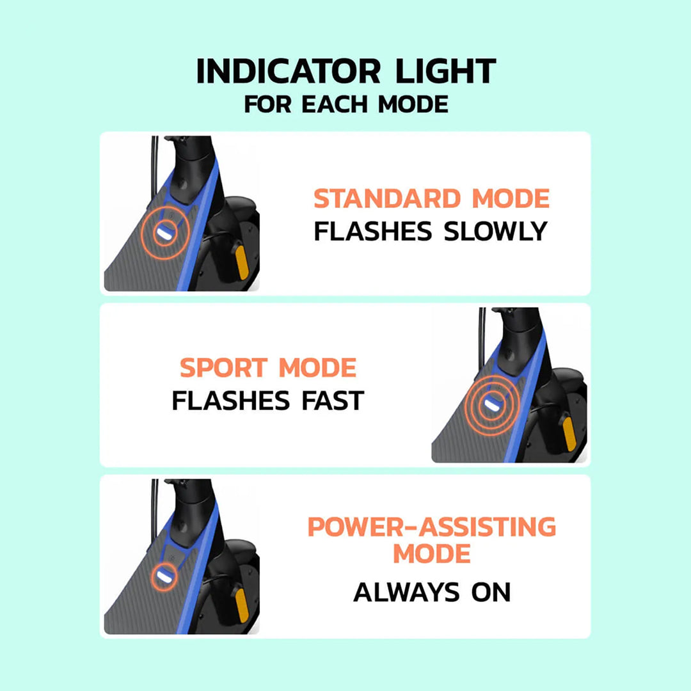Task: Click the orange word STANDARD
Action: coord(388,199)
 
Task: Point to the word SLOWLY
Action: coord(496,231)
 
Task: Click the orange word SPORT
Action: coord(224,369)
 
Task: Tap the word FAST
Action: coord(332,401)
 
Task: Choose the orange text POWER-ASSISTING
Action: coord(432,527)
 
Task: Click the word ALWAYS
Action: coord(406,592)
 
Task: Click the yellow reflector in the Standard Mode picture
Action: coord(242,261)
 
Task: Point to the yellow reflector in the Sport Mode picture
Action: coord(569,433)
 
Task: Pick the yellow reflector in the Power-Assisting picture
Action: coord(242,604)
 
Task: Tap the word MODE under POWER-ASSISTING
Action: coord(432,553)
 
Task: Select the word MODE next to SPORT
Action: coord(317,369)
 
